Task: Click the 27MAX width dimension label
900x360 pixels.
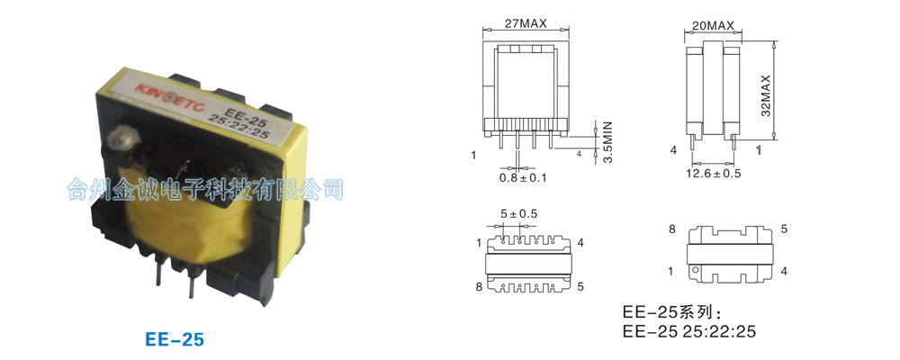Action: click(x=526, y=23)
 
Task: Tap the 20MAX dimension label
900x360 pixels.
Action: click(x=713, y=26)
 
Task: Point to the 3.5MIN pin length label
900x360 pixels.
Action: click(x=608, y=142)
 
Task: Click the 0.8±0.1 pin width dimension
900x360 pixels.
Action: click(x=523, y=177)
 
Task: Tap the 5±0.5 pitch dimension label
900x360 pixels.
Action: click(x=519, y=214)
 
